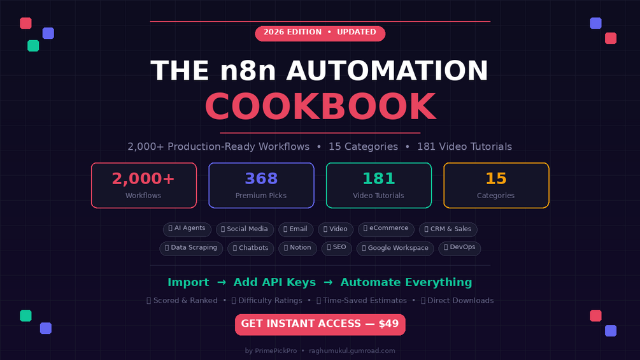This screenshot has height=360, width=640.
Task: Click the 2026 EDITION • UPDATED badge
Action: (320, 34)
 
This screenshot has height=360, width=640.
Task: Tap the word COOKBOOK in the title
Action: (320, 106)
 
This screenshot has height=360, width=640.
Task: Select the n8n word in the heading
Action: (248, 71)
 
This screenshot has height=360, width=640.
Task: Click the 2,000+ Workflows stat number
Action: (143, 178)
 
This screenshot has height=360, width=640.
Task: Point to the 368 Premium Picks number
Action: (261, 178)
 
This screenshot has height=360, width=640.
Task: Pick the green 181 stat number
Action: (379, 178)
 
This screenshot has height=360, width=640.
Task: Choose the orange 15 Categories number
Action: (496, 178)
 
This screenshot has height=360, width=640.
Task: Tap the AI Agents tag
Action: (187, 229)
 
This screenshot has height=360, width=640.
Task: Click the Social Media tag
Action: (245, 229)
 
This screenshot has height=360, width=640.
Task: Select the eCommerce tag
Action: (386, 229)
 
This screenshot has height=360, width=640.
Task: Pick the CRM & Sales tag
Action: (448, 229)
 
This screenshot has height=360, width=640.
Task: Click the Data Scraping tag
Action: (191, 248)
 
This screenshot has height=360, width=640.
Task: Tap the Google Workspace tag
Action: (395, 248)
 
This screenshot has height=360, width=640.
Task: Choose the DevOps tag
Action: (460, 248)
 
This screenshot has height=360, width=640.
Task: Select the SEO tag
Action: (336, 248)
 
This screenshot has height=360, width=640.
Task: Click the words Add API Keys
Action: (274, 282)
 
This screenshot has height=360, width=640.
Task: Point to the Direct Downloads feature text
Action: (457, 300)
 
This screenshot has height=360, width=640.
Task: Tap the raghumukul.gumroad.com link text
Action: (352, 350)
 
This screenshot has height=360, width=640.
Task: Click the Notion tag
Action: (297, 248)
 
